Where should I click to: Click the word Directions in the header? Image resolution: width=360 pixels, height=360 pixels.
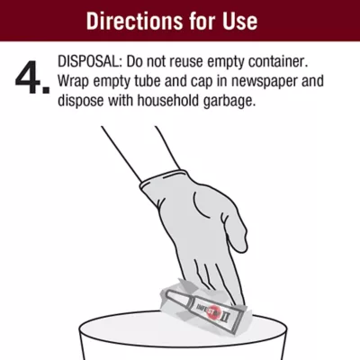[134, 21]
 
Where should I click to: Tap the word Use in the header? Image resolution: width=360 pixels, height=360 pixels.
[240, 21]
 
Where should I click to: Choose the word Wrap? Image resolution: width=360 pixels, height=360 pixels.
[73, 81]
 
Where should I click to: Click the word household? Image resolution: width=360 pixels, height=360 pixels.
[168, 101]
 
